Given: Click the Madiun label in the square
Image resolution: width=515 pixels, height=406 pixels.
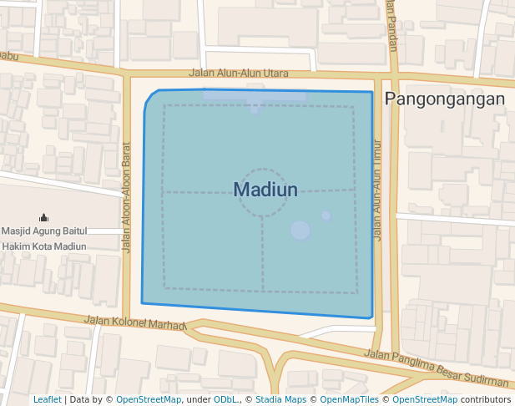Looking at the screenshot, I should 265,190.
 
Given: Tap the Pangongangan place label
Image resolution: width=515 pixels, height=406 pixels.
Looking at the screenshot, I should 444,99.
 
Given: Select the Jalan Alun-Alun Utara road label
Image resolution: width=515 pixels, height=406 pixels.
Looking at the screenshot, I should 239,74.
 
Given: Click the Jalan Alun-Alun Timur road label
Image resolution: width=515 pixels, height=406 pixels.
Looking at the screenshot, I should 377,190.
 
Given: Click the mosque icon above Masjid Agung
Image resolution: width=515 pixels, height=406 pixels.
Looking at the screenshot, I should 44,217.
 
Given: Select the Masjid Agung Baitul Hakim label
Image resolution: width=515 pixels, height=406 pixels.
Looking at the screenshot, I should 44,238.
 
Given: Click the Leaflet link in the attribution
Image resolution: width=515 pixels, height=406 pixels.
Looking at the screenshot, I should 47,399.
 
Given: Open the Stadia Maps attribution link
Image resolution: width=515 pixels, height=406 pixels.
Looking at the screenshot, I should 280,399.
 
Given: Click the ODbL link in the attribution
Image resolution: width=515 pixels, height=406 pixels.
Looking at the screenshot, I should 225,399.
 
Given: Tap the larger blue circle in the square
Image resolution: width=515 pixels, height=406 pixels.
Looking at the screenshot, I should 300,230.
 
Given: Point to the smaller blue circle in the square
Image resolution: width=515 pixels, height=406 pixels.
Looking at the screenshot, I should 326,216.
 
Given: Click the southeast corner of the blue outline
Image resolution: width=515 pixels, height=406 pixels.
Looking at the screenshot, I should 371,318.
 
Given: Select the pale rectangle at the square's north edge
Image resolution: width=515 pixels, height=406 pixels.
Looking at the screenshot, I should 254,96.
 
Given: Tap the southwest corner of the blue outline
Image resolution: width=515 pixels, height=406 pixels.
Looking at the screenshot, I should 142,302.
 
